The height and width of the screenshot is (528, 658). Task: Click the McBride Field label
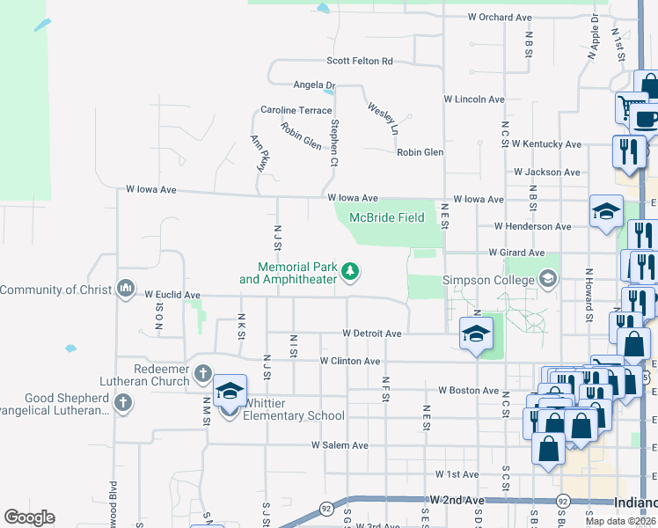pos(386,218)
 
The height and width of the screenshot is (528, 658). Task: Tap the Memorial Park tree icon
pos(350,272)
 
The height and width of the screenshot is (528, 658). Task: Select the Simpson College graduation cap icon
pos(549,280)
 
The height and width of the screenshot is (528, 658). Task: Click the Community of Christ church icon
pos(126,289)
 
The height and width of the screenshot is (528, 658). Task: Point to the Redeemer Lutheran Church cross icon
pos(202,373)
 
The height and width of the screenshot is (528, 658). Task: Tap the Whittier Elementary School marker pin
pos(230,392)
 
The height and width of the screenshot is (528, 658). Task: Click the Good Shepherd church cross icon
pos(122,403)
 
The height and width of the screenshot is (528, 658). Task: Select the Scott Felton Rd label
pos(360,62)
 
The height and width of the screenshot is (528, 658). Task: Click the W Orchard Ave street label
pos(501,18)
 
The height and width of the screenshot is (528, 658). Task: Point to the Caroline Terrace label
pos(296,111)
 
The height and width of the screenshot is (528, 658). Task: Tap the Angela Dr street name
pos(315,85)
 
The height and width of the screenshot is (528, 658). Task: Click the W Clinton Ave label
pos(349,362)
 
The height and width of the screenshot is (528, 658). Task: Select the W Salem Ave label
pos(340,446)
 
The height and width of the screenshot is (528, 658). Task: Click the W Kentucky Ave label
pos(546,143)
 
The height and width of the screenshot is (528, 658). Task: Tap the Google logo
pos(29,517)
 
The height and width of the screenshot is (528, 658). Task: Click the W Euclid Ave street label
pos(172,295)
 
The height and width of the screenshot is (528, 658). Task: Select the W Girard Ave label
pos(531,252)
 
